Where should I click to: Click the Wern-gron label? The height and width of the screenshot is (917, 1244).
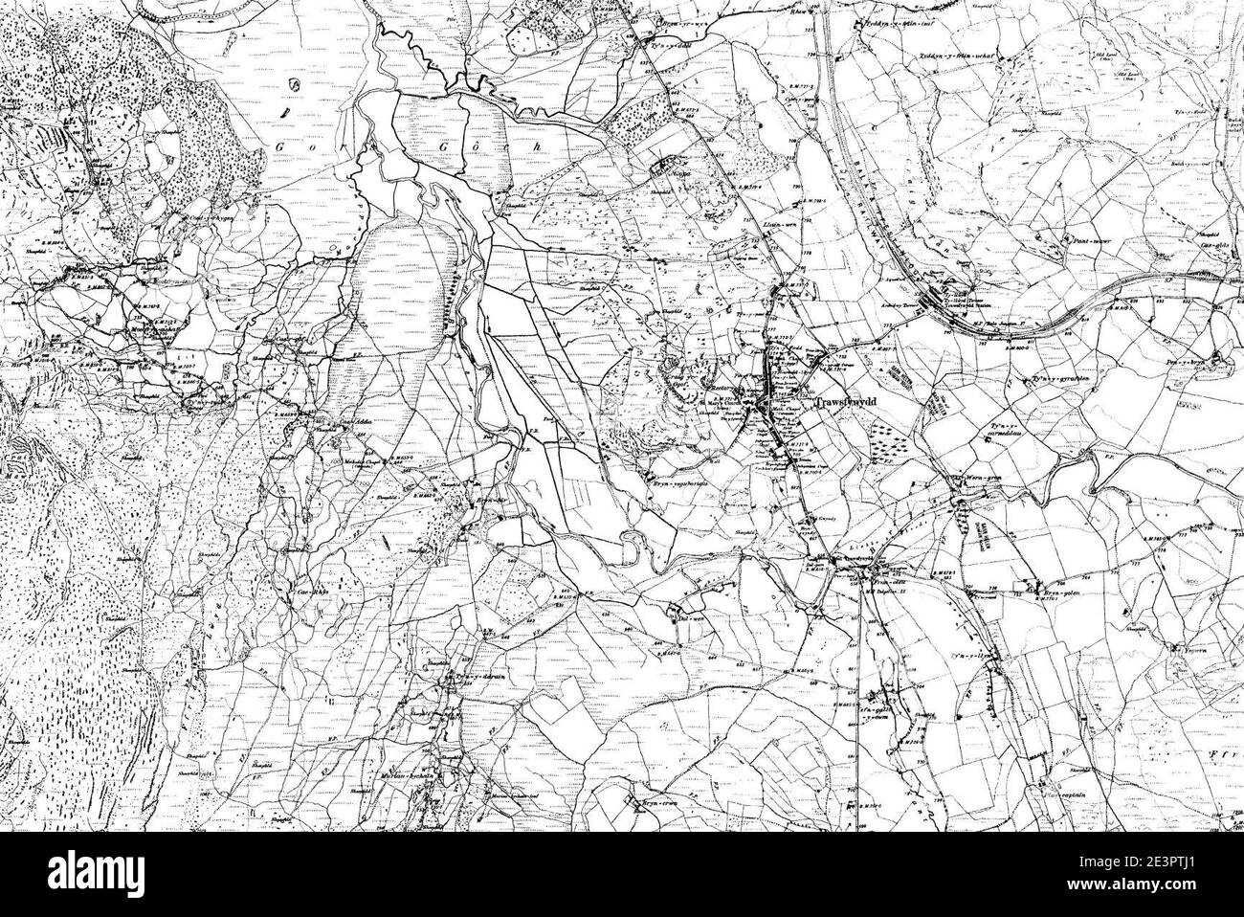[x=978, y=476]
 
